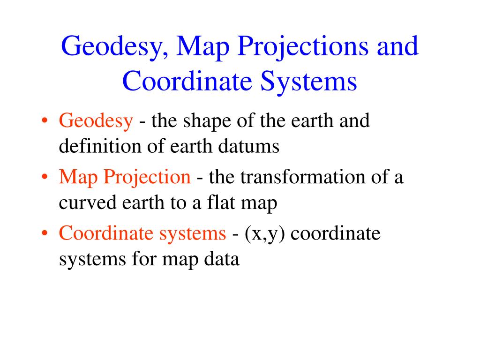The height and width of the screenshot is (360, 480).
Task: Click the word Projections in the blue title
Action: [303, 47]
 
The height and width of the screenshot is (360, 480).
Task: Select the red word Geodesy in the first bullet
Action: [96, 121]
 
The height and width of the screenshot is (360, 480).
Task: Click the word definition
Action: [100, 146]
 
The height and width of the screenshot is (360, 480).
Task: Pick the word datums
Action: [249, 146]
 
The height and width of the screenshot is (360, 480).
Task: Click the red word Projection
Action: [147, 178]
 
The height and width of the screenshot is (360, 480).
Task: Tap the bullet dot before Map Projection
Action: [45, 177]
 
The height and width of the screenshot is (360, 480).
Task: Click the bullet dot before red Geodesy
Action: [45, 120]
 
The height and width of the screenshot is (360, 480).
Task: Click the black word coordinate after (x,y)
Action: [336, 233]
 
